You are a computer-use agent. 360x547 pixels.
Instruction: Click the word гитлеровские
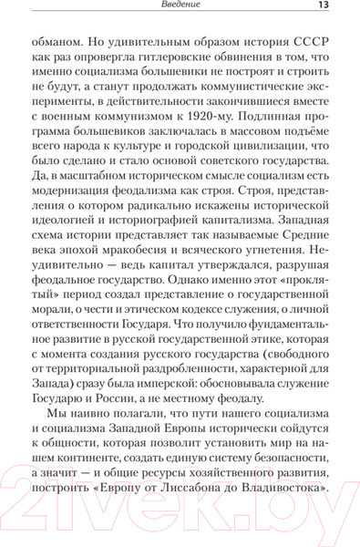[180, 64]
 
